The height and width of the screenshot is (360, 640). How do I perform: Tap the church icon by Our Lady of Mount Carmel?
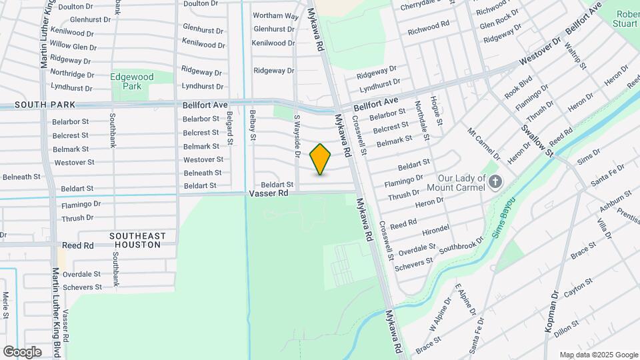coord(495,181)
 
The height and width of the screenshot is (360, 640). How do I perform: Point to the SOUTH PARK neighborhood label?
coord(37,105)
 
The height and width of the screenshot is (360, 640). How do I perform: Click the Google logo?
coord(22,351)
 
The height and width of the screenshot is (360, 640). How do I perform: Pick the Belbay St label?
coord(253,127)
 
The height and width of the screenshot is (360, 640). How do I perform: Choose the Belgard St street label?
coord(229,128)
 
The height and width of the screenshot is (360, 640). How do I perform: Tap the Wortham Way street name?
coord(275,15)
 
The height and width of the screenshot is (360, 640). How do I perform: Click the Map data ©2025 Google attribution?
coord(598,355)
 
